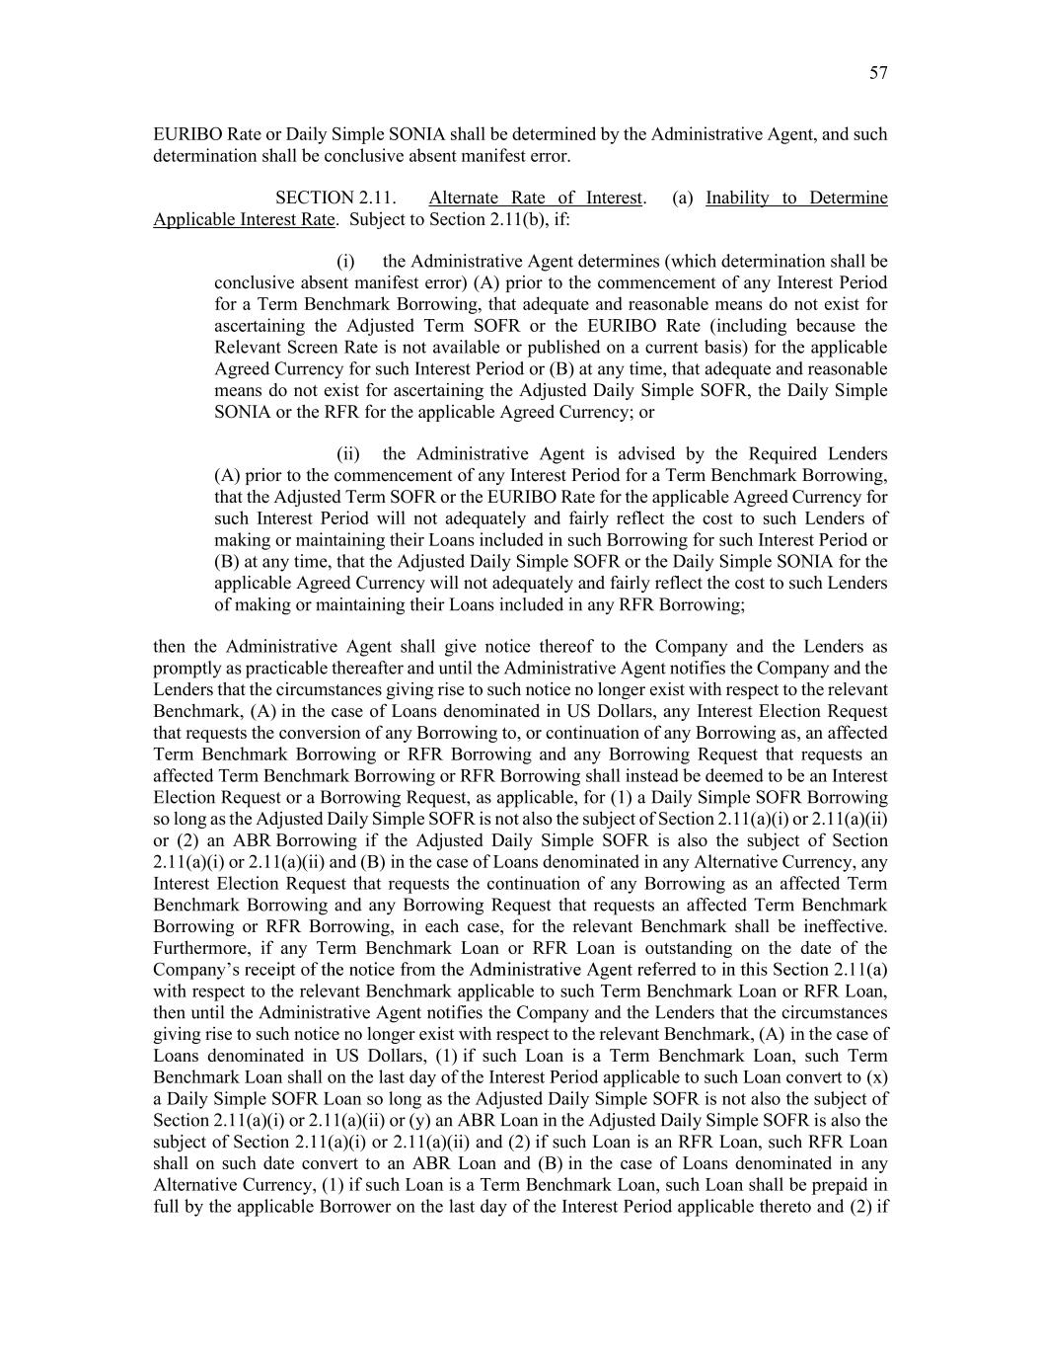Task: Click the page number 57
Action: [x=878, y=73]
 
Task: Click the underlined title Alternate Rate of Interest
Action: [x=535, y=198]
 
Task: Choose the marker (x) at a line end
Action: [x=876, y=1076]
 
